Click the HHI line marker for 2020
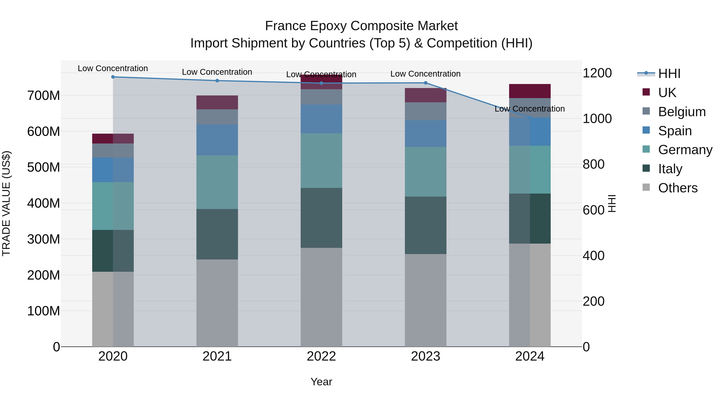tap(113, 77)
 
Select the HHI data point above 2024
tap(530, 117)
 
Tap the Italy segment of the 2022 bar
tap(321, 218)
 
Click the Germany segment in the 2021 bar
tap(217, 182)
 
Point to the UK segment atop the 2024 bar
tap(530, 91)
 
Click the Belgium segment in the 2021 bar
tap(217, 117)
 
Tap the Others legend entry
tap(678, 188)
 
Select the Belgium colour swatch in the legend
tap(646, 111)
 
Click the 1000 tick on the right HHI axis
tap(597, 119)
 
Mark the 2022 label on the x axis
tap(321, 356)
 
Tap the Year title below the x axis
tap(321, 382)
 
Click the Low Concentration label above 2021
tap(217, 72)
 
